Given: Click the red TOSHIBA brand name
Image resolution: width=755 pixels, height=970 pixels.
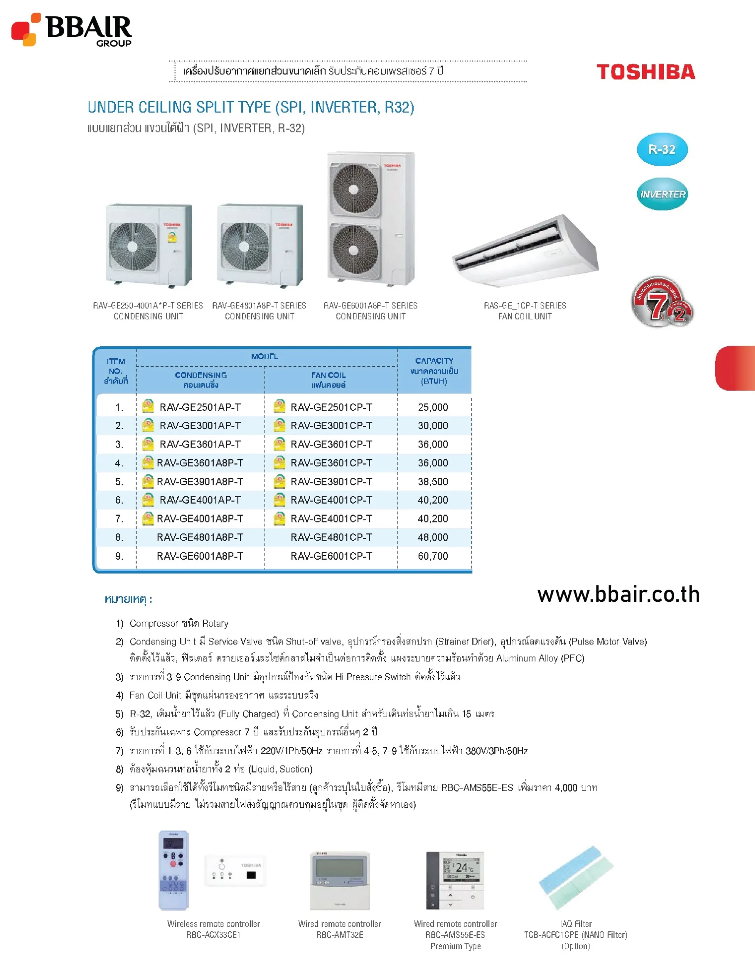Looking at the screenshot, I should click(645, 72).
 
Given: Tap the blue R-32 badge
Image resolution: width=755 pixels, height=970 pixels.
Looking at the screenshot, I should click(662, 149).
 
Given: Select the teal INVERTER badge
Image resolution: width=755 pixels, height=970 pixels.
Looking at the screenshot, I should click(662, 194).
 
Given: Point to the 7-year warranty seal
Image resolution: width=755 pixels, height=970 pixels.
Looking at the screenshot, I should click(662, 302).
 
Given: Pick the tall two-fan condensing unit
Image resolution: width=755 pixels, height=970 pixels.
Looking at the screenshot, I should click(371, 219).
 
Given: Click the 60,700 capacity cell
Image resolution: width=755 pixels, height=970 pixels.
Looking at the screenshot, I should click(433, 556).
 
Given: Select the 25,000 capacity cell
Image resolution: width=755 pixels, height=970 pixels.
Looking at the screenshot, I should click(433, 407).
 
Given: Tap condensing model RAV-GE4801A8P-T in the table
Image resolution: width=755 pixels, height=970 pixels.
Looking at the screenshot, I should click(200, 537).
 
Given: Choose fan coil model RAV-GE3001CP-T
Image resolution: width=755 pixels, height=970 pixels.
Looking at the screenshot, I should click(331, 426).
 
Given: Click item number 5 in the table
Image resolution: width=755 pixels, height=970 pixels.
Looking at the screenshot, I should click(119, 482).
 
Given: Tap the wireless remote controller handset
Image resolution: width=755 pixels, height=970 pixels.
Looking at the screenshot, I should click(174, 870).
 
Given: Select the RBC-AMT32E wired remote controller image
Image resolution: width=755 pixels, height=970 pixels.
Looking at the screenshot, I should click(340, 881).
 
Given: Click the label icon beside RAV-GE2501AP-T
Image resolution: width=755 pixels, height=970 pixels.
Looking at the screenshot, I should click(148, 407).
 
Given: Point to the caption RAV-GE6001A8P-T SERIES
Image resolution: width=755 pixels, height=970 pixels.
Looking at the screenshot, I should click(370, 305).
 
